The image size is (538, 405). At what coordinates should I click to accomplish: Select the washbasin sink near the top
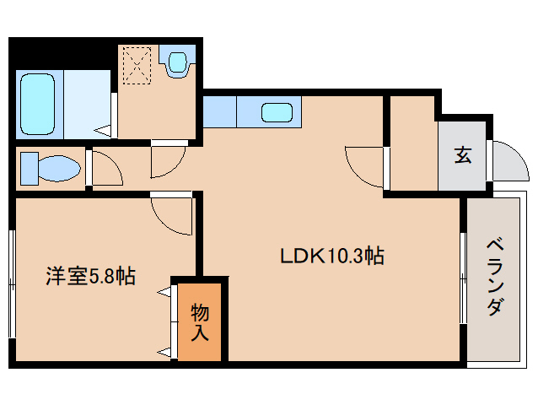point(179,63)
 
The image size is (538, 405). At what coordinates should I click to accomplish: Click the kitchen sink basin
point(277,111)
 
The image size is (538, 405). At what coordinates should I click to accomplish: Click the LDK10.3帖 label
point(332,256)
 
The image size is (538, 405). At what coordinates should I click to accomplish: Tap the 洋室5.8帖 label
point(90,276)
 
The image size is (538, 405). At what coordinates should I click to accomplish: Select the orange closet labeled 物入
point(201,320)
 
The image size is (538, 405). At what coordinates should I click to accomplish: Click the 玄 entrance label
point(463,154)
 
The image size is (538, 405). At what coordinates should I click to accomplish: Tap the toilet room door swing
point(105,169)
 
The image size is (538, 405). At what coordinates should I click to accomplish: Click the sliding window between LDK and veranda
point(463,279)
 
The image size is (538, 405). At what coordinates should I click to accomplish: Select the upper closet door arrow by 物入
point(164,294)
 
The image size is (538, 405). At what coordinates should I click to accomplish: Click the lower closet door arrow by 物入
point(164,350)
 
